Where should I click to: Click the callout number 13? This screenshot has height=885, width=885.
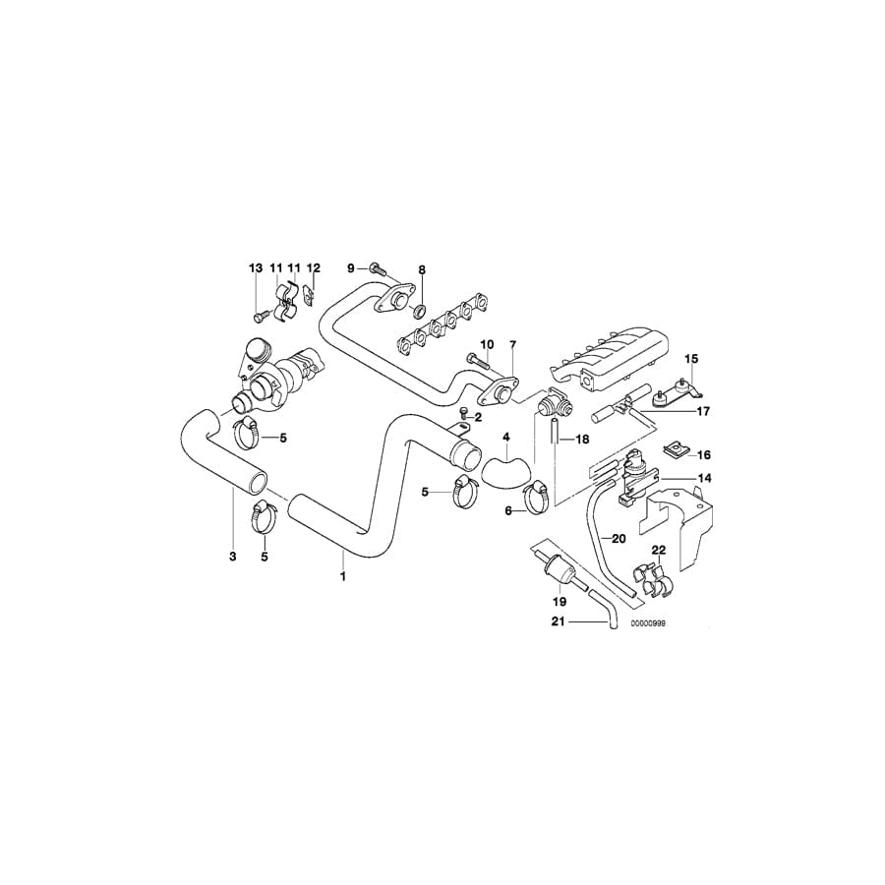[x=255, y=267]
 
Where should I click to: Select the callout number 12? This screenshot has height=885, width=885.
[x=314, y=267]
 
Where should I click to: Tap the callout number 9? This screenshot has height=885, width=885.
[x=350, y=267]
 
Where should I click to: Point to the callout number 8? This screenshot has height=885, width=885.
[x=422, y=268]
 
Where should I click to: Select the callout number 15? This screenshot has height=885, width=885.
[x=690, y=358]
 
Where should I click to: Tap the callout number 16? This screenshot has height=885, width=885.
[x=703, y=455]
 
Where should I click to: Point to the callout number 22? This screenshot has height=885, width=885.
[x=659, y=551]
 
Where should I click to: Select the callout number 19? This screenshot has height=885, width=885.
[x=559, y=602]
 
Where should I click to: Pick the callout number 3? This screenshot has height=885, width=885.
[x=234, y=557]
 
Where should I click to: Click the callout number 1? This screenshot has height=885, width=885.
[x=342, y=576]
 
